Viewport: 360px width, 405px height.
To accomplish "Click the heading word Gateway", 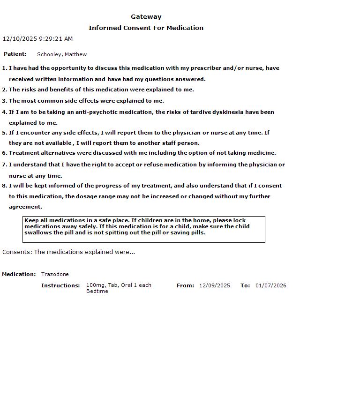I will click(x=146, y=17).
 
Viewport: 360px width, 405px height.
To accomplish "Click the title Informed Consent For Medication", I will click(x=146, y=28).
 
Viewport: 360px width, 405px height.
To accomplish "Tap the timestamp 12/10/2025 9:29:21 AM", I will click(x=37, y=39).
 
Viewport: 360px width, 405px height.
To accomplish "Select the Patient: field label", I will click(x=15, y=54).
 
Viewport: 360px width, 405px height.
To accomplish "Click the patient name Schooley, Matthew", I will click(x=62, y=54).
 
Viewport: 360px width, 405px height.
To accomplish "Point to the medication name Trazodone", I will click(x=55, y=274).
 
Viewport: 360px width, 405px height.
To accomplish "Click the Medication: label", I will click(x=19, y=274).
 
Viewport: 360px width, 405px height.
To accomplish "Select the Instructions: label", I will click(x=60, y=285).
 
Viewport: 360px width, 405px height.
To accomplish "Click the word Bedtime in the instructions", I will click(x=97, y=291).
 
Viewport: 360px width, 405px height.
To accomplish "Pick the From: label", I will click(x=185, y=285).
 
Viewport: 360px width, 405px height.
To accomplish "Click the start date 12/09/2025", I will click(x=215, y=285).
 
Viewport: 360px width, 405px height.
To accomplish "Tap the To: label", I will click(x=245, y=285).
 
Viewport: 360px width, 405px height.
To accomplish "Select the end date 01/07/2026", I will click(x=271, y=285).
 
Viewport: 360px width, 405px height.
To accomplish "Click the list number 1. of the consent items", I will click(x=5, y=68).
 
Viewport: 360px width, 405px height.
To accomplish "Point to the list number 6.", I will click(x=5, y=153).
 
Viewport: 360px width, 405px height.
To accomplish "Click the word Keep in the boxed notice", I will click(x=31, y=220).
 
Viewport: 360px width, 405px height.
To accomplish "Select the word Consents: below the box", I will click(x=17, y=252).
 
